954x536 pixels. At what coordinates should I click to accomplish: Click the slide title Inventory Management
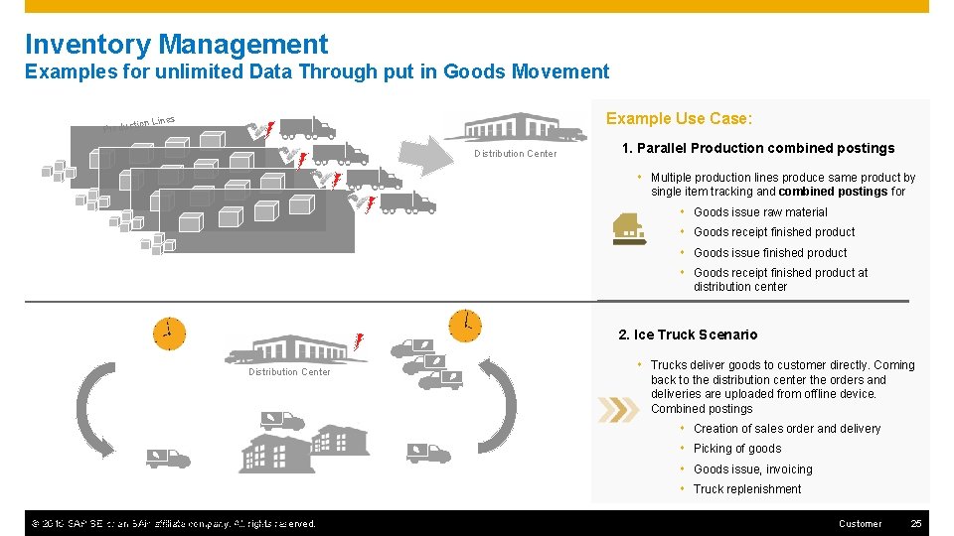point(176,45)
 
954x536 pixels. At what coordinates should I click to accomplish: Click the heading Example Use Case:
point(679,118)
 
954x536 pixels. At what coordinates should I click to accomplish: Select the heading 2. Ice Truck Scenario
point(688,335)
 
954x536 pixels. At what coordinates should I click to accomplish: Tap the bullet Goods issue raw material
point(759,212)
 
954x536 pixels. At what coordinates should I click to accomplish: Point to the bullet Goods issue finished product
point(770,253)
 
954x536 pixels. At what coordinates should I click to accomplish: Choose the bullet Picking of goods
point(737,449)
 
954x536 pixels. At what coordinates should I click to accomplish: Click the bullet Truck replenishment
point(746,489)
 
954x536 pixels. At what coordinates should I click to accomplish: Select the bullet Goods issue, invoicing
point(752,469)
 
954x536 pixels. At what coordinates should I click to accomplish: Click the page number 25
point(916,523)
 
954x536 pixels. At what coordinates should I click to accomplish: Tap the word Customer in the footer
point(860,523)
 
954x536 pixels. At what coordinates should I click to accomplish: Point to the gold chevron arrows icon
point(618,409)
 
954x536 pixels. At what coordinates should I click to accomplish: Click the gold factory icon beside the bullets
point(629,229)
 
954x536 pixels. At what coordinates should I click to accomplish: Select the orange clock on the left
point(169,333)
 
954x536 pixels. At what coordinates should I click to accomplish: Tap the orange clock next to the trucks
point(464,325)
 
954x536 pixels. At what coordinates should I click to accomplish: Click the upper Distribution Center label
point(515,154)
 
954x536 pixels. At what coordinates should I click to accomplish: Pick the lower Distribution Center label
point(289,372)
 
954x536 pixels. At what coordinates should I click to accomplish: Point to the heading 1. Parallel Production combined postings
point(757,148)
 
